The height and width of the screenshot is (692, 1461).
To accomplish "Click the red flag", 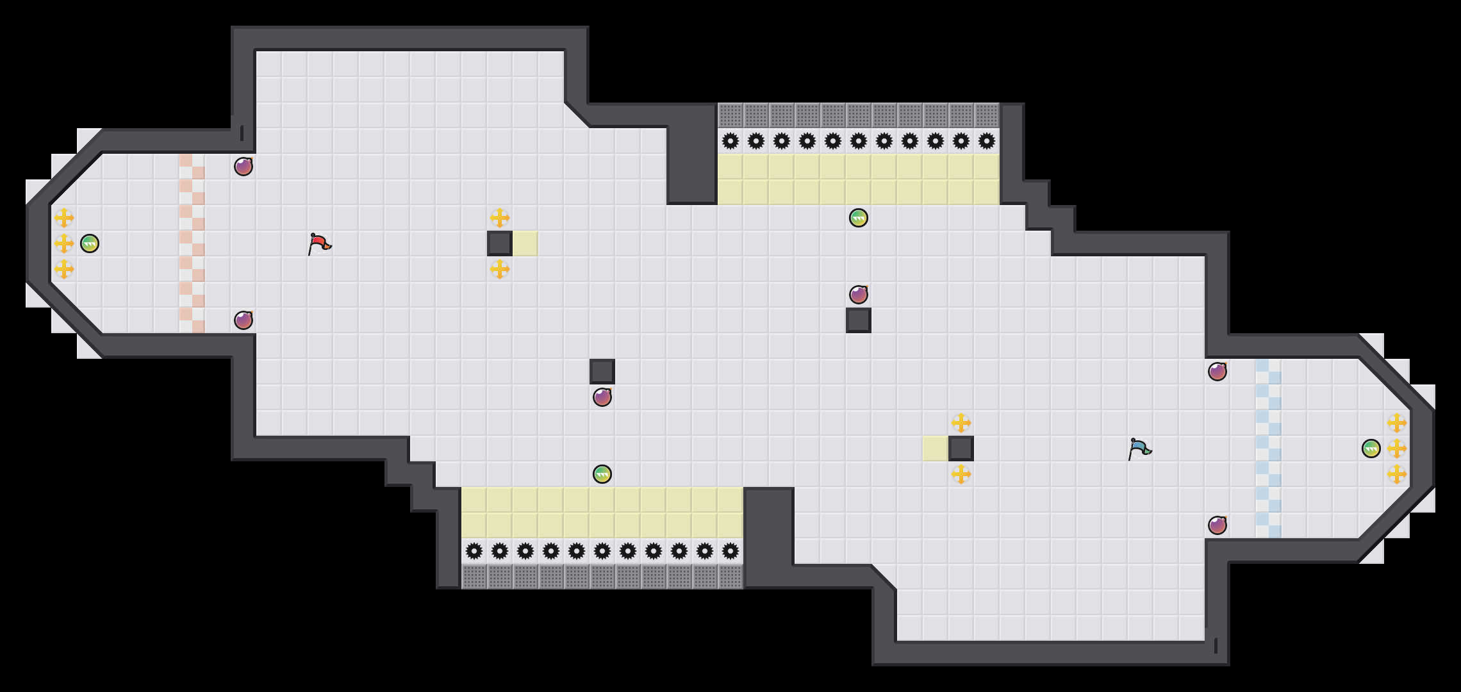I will tap(319, 243).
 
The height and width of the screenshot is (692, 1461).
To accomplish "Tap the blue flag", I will tap(1139, 449).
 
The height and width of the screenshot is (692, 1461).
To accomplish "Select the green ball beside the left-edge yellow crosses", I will tap(90, 243).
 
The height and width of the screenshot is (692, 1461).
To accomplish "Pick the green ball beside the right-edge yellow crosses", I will tap(1371, 449).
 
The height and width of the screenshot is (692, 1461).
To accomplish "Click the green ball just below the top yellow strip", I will tap(859, 218).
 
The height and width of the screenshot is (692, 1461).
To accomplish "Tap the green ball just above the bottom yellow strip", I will tap(602, 474).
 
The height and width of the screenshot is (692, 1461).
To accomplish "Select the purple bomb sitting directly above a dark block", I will tap(859, 295).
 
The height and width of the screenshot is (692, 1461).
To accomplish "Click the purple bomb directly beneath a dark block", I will tap(602, 397).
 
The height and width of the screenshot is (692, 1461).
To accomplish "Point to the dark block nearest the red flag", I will tap(500, 243).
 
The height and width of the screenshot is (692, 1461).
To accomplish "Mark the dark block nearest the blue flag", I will tap(961, 449).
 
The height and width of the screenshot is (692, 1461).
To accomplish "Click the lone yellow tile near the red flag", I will tap(525, 243).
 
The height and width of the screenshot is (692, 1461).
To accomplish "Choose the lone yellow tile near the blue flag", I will tap(936, 449).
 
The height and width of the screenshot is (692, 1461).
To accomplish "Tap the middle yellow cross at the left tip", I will tap(64, 243).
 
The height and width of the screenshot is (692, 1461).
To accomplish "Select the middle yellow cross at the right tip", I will tap(1397, 449).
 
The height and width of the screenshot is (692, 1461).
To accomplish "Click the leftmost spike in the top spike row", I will tap(730, 141).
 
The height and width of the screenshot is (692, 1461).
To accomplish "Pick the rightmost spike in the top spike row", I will tap(987, 141).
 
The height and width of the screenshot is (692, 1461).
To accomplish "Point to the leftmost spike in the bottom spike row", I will tap(474, 551).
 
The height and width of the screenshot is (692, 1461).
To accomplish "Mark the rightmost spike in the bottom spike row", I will tap(730, 551).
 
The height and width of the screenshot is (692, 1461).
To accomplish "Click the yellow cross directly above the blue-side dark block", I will tap(961, 423).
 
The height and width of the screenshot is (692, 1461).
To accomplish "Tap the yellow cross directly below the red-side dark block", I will tap(500, 269).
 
